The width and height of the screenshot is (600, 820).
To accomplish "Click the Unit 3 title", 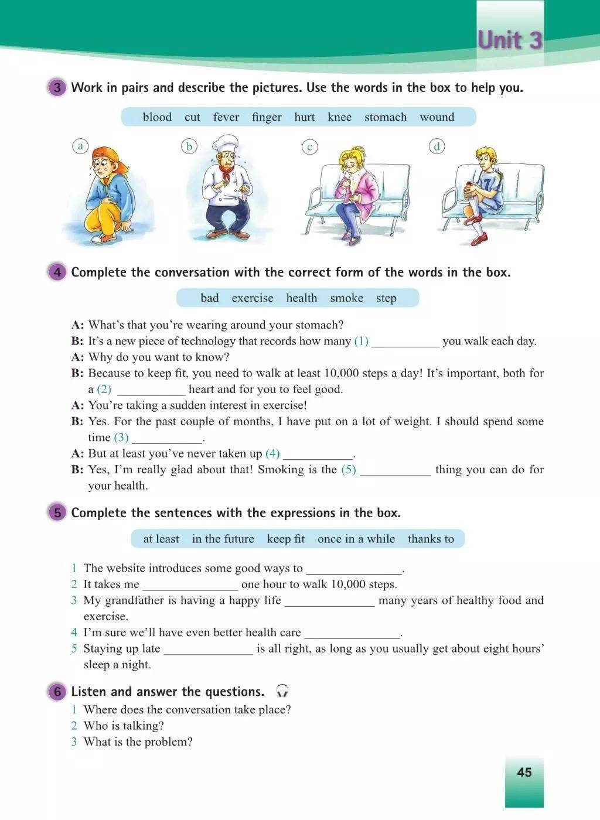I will (x=510, y=40).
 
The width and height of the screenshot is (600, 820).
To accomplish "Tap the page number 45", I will (x=524, y=772).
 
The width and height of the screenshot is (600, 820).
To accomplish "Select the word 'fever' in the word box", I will (x=226, y=117).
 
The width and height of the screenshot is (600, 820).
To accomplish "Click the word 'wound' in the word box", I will (x=437, y=117).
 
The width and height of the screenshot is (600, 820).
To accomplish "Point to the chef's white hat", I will (x=226, y=145).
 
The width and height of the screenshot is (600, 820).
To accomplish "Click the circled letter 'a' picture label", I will (x=81, y=146).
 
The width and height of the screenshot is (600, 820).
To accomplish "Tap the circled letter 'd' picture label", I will (x=437, y=146).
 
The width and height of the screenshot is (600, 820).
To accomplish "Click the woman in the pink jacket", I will (x=354, y=193).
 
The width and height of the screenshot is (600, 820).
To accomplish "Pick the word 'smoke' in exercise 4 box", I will (x=346, y=298).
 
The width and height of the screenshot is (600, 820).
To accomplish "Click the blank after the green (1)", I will (x=405, y=341).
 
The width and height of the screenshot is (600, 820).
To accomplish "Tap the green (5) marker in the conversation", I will (x=349, y=470).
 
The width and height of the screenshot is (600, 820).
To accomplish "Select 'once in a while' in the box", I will (x=356, y=539).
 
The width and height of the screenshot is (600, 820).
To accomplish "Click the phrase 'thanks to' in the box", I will (x=431, y=539).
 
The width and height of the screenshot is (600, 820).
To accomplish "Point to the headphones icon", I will (x=282, y=691).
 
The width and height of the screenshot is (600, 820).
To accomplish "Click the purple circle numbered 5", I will (x=57, y=513).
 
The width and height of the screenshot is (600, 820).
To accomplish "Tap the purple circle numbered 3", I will (x=57, y=88).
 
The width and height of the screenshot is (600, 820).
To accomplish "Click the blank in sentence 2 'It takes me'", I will (x=190, y=585).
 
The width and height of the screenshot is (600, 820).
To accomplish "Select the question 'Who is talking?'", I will (x=124, y=726).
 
